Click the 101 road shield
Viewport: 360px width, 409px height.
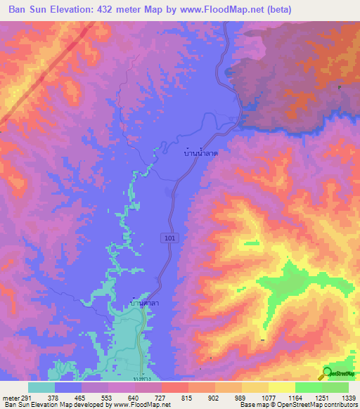coord(174,238)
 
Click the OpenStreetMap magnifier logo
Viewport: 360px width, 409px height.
coord(328,373)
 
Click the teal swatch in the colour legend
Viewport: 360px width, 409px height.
coord(41,387)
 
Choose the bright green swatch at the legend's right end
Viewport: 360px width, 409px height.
coord(335,387)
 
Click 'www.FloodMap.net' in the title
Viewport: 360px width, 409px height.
coord(214,10)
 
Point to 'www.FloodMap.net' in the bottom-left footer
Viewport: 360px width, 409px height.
coord(129,405)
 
